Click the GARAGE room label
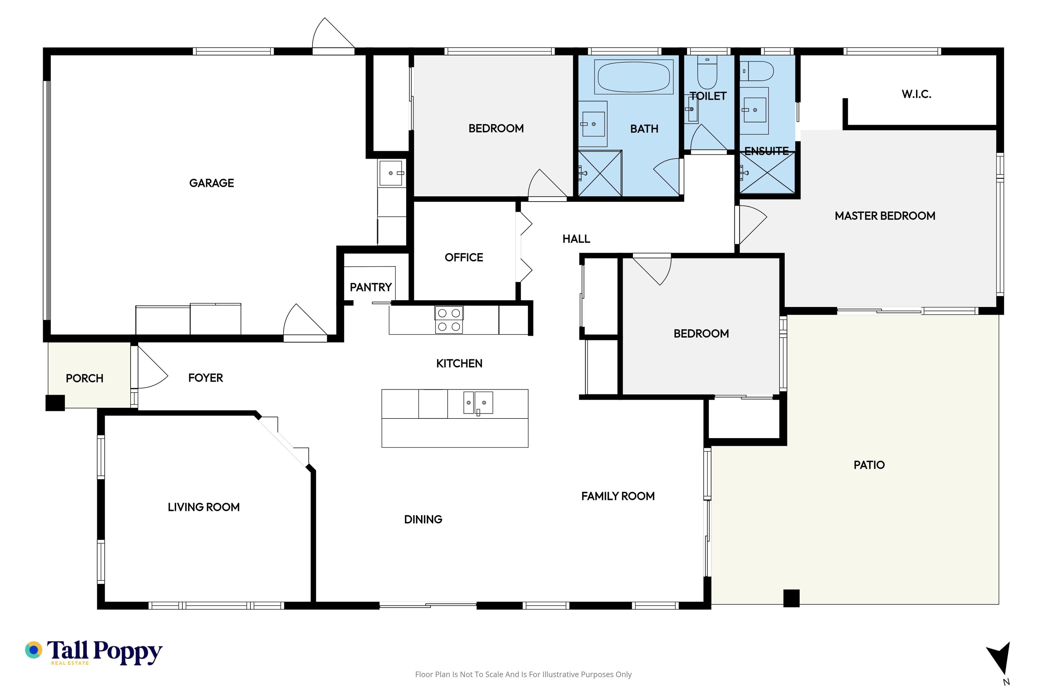(x=212, y=183)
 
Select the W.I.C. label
(x=917, y=94)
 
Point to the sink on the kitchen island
(x=478, y=403)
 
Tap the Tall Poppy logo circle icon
(x=33, y=650)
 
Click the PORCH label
(x=85, y=378)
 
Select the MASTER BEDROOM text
(x=885, y=216)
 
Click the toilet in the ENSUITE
(x=757, y=71)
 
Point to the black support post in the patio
(x=792, y=598)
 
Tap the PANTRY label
(x=371, y=287)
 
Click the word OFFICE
(x=464, y=257)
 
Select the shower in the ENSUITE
(x=767, y=173)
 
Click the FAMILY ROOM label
(x=618, y=496)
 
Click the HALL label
(x=576, y=239)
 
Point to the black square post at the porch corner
(x=55, y=403)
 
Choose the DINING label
(x=423, y=519)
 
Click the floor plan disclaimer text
(x=523, y=674)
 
